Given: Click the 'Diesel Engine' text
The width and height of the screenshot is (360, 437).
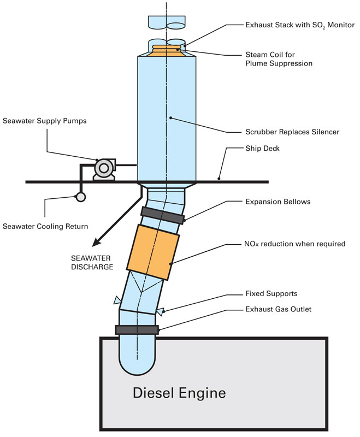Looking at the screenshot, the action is [x=179, y=393].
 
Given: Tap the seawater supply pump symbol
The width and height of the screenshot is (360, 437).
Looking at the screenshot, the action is [x=104, y=169].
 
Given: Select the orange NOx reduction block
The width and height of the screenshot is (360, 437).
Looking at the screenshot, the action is [x=153, y=252].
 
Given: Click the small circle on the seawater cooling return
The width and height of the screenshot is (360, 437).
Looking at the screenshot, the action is [x=81, y=197].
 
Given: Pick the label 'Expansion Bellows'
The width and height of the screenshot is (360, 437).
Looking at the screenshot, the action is [x=278, y=202].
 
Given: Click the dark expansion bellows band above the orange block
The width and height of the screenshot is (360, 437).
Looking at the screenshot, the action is [x=162, y=215].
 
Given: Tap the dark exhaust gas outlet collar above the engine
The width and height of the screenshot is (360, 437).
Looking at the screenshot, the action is [x=137, y=330].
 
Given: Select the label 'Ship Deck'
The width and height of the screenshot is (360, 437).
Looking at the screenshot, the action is [x=262, y=148].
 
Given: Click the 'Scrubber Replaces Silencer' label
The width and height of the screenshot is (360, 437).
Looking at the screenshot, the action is [x=292, y=132].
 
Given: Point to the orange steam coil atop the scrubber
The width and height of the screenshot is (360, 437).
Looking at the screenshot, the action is [x=167, y=51].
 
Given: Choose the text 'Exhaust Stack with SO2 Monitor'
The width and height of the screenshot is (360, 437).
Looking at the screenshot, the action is [x=300, y=25].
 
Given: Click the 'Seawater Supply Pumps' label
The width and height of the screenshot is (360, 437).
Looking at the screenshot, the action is [x=45, y=121].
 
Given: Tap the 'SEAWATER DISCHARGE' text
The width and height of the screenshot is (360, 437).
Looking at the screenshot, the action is [x=92, y=263].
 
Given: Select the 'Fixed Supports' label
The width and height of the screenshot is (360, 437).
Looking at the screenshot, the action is [x=272, y=293].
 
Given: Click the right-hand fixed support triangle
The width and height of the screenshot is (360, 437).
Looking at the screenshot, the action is [x=160, y=311].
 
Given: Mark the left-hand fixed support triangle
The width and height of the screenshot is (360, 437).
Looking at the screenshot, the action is [x=117, y=300].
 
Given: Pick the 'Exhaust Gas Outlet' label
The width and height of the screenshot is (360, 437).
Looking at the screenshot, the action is [x=279, y=309].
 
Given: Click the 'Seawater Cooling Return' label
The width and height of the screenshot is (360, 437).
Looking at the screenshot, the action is [x=45, y=226].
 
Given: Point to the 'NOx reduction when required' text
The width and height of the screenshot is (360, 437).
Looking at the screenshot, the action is [x=295, y=244].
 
